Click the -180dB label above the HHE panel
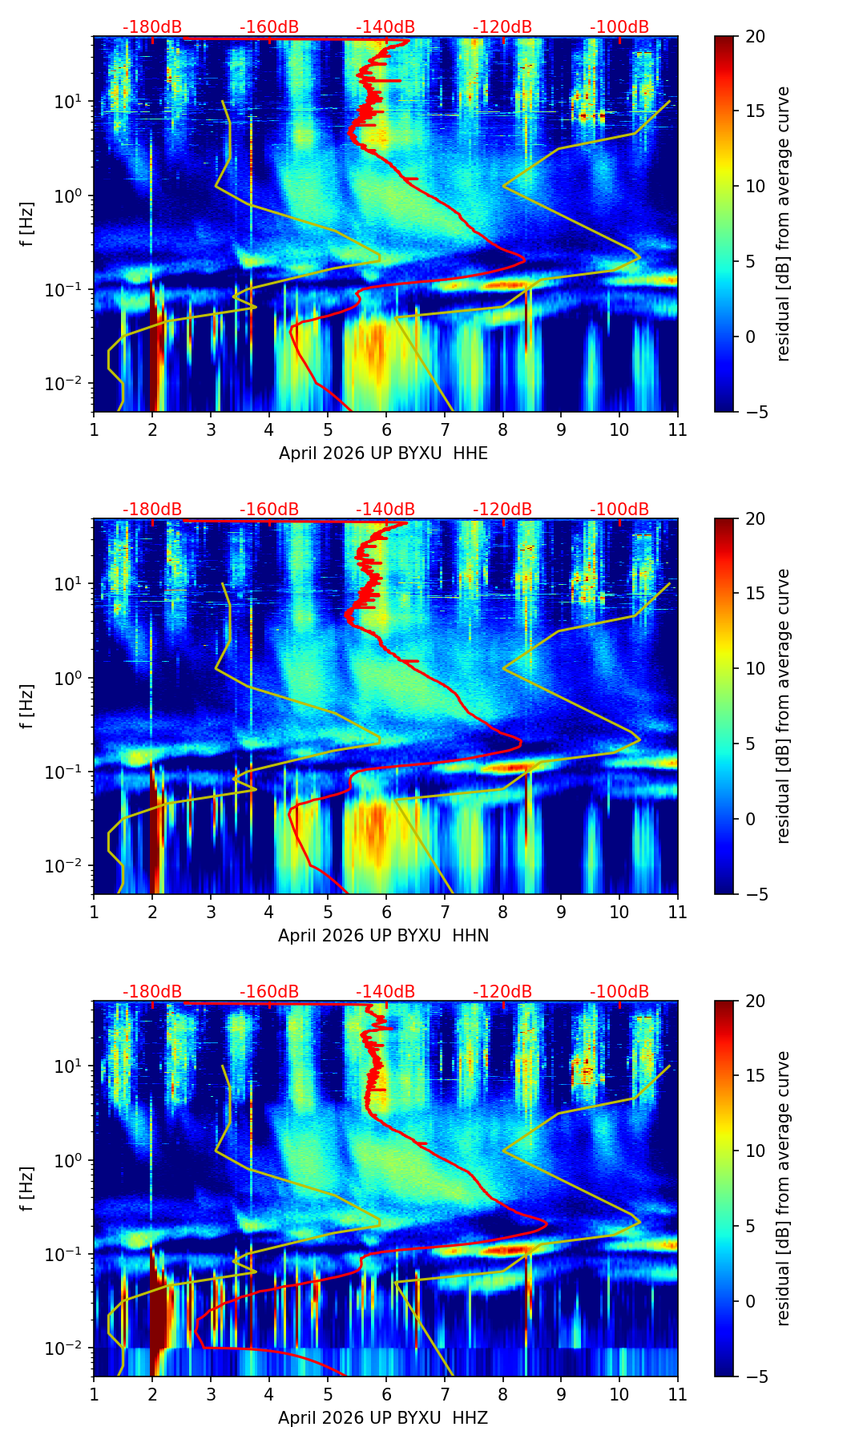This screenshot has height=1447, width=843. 152,27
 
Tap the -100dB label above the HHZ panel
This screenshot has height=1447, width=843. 619,992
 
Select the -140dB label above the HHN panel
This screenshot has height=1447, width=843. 385,510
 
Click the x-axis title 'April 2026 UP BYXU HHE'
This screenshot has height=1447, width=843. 383,453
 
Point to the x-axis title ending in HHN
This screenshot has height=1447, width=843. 383,936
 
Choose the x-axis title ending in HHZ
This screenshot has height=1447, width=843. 383,1418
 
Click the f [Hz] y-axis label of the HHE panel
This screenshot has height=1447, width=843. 27,224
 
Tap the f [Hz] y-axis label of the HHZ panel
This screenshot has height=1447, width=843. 27,1188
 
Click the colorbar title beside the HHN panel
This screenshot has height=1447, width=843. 784,706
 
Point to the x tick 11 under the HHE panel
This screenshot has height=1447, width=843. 678,429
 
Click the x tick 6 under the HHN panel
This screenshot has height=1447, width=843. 386,912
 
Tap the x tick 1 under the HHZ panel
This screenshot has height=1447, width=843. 94,1394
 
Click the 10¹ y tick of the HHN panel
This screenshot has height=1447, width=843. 73,584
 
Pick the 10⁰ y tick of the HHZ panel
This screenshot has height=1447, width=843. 73,1161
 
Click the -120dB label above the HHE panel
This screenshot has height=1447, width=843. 502,27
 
